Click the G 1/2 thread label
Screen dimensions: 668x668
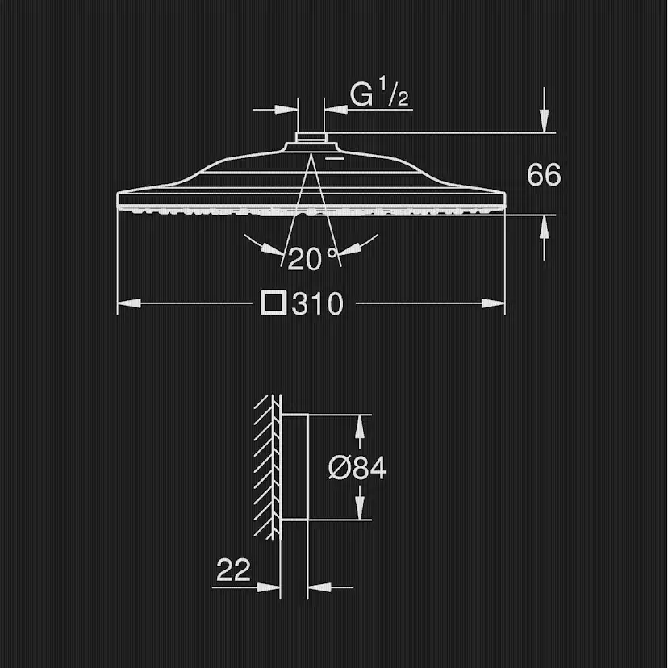click(x=378, y=93)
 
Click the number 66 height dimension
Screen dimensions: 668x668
click(x=544, y=175)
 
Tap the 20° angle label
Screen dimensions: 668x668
click(x=312, y=258)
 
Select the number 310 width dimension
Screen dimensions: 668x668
click(x=317, y=304)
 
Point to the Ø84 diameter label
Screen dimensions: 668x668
click(x=357, y=468)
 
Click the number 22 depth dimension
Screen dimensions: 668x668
click(x=233, y=570)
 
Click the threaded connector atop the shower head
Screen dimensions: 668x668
click(x=311, y=137)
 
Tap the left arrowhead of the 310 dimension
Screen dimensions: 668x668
click(x=128, y=303)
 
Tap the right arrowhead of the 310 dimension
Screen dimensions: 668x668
click(x=493, y=303)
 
